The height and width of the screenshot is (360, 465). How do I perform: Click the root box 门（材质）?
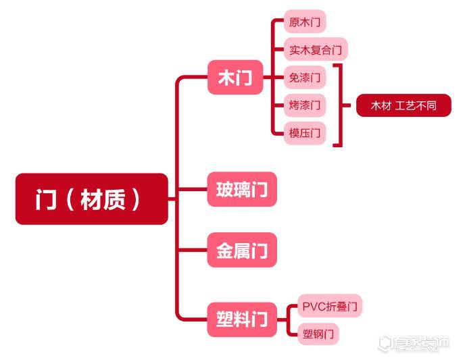[x=92, y=199]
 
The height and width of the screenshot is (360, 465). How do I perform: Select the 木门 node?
[x=235, y=77]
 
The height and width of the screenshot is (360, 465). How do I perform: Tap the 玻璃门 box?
[x=242, y=189]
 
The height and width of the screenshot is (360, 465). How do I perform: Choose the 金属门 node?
[x=242, y=250]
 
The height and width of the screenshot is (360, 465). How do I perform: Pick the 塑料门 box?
[x=242, y=319]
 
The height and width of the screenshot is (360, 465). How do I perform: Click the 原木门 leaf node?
[x=305, y=22]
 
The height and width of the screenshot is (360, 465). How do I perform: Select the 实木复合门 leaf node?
[x=316, y=49]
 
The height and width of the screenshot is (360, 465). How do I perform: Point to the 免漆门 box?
[x=305, y=77]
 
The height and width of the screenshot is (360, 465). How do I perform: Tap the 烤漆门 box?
[x=305, y=105]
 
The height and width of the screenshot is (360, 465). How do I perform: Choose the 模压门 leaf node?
[x=305, y=133]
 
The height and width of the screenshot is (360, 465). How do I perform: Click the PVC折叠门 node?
[x=329, y=306]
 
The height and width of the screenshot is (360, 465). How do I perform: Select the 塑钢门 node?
[x=318, y=334]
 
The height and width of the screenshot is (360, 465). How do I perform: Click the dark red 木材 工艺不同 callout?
[x=403, y=105]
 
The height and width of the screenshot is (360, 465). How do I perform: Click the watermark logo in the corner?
[x=414, y=343]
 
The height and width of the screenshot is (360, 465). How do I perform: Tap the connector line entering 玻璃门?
[x=193, y=189]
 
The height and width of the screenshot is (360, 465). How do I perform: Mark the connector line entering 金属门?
[x=193, y=250]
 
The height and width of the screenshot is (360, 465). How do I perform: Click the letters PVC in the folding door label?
[x=314, y=307]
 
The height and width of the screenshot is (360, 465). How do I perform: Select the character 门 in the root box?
[x=46, y=199]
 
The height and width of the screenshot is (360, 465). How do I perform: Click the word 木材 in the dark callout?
[x=381, y=105]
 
